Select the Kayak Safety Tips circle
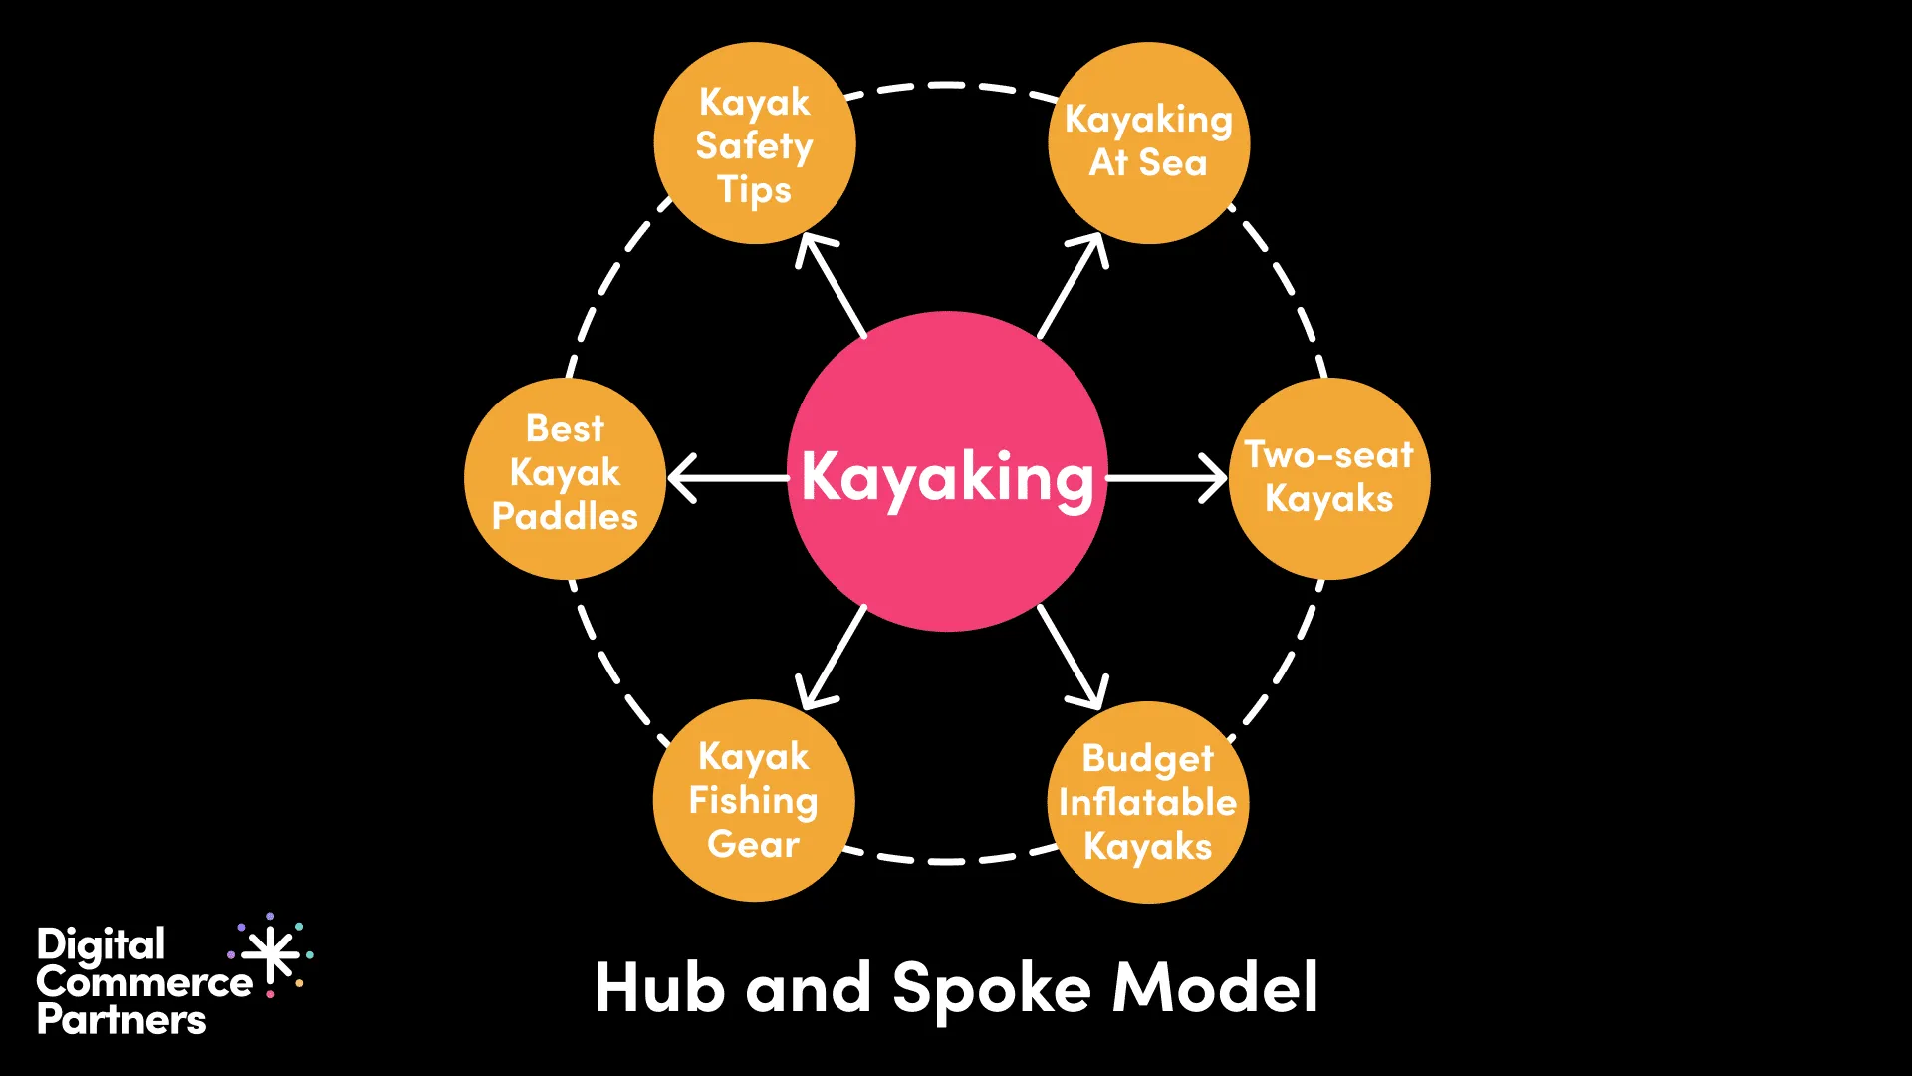[754, 143]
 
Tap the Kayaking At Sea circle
[1148, 142]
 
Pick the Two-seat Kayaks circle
[1329, 478]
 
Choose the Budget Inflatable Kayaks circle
[1148, 802]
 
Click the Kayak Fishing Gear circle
[754, 801]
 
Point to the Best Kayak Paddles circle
[565, 478]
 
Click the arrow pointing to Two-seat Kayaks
[1165, 478]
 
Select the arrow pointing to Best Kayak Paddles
[727, 478]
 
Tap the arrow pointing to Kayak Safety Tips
[833, 286]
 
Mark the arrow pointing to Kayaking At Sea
[1072, 286]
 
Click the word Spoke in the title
[991, 989]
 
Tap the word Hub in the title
[658, 988]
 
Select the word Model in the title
[1216, 988]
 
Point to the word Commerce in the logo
[144, 983]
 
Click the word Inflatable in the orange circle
[1147, 802]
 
